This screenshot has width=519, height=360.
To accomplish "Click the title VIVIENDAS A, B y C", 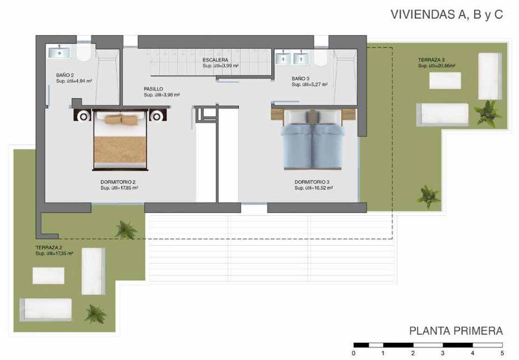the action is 447,15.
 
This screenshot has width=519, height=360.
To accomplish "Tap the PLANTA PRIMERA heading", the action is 456,331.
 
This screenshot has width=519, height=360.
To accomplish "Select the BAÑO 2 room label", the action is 65,75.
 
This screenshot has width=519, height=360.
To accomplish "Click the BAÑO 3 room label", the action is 300,79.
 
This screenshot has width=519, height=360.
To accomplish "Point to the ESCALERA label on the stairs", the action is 215,60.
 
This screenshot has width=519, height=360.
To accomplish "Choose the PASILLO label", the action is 153,89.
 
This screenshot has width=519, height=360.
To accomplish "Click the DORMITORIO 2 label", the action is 118,182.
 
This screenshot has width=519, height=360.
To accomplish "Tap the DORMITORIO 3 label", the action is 312,182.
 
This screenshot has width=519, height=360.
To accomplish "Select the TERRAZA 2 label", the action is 49,247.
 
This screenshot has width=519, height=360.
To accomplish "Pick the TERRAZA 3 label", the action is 432,60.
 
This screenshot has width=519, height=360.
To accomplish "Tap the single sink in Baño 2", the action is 59,52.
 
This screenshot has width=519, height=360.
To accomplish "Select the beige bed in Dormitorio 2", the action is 120,140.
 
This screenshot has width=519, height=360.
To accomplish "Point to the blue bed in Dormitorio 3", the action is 312,139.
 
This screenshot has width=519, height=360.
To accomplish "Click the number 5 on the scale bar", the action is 502,353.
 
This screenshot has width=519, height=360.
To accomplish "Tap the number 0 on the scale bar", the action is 354,353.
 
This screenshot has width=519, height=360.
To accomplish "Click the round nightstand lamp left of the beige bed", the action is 84,116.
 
